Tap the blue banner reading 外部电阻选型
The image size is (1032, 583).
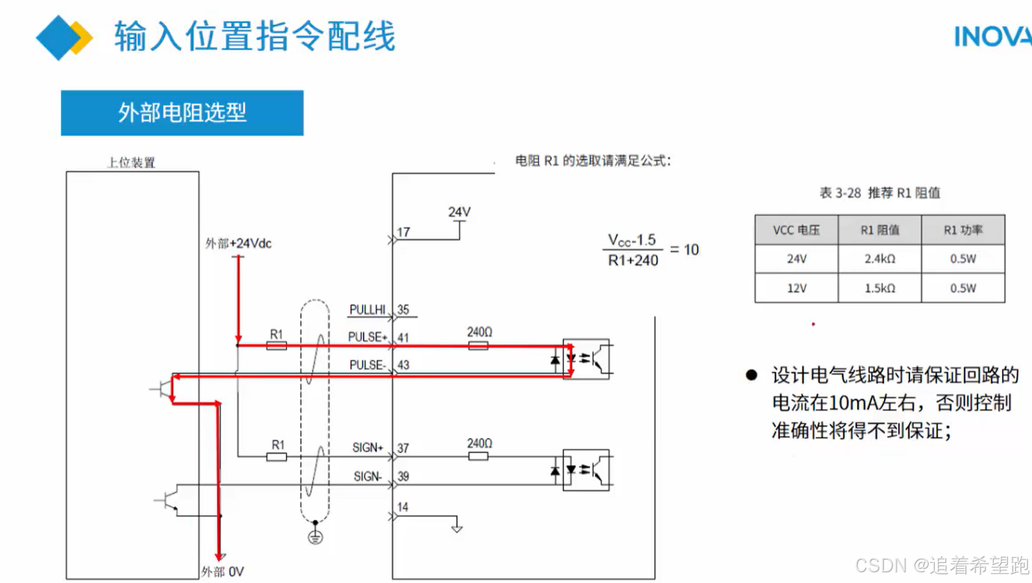182,113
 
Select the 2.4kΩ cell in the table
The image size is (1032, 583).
879,259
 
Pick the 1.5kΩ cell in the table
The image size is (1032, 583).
879,288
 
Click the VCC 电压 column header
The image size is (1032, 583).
796,230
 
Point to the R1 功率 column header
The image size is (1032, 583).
962,230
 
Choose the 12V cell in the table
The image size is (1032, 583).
796,288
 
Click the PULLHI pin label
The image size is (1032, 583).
367,310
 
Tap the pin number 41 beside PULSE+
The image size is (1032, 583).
403,337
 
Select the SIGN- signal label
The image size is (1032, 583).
367,477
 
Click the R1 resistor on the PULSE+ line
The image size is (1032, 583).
276,346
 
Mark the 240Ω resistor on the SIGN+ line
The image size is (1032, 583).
478,456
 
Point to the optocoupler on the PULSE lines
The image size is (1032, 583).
586,359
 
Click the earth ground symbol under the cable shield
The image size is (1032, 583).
315,537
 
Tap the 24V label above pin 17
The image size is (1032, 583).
459,212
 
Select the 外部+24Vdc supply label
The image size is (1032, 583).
238,244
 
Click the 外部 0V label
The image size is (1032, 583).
223,572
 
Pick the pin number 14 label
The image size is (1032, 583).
402,507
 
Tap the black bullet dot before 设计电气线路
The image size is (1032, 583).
752,375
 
